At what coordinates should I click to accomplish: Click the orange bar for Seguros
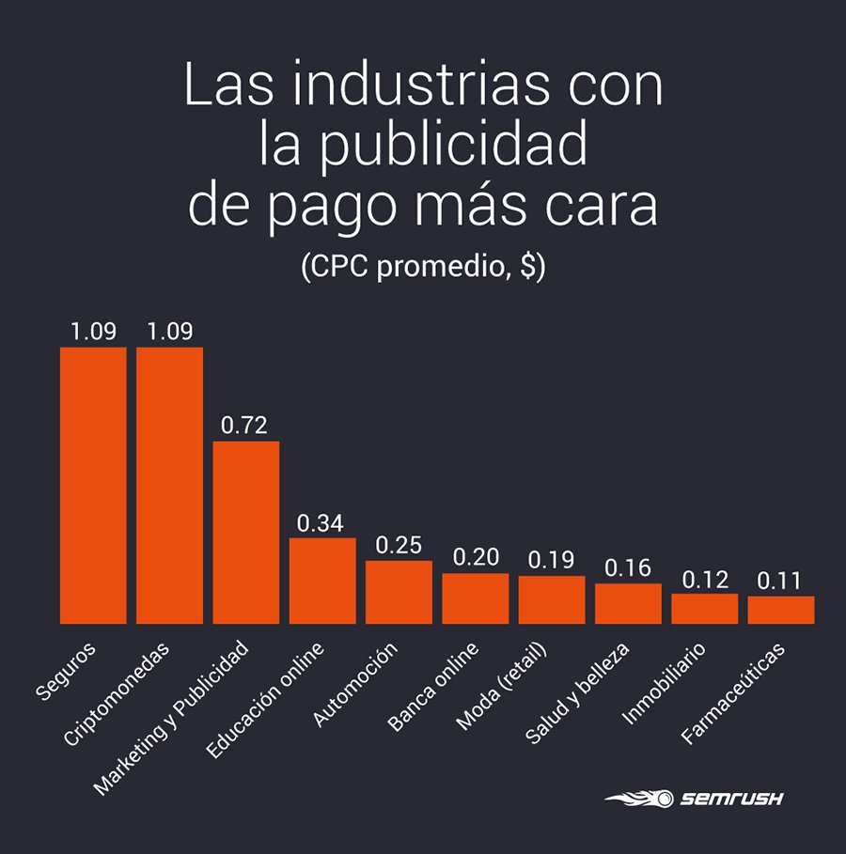click(x=93, y=485)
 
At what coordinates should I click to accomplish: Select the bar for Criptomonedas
click(x=169, y=485)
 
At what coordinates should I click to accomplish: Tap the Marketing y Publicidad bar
click(x=245, y=532)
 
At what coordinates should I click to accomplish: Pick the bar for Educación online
click(x=322, y=581)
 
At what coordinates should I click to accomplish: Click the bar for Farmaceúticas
click(x=781, y=610)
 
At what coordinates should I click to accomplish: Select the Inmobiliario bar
click(x=704, y=609)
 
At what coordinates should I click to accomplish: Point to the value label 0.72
click(x=244, y=426)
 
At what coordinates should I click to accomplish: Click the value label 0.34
click(x=321, y=522)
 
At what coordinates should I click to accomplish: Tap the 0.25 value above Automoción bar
click(x=399, y=545)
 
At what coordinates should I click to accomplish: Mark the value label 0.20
click(x=476, y=558)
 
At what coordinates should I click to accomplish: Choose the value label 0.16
click(x=627, y=568)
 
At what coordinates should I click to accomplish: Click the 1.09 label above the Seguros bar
click(x=93, y=332)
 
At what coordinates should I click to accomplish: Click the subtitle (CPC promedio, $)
click(x=422, y=267)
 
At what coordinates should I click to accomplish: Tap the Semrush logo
click(x=694, y=800)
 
